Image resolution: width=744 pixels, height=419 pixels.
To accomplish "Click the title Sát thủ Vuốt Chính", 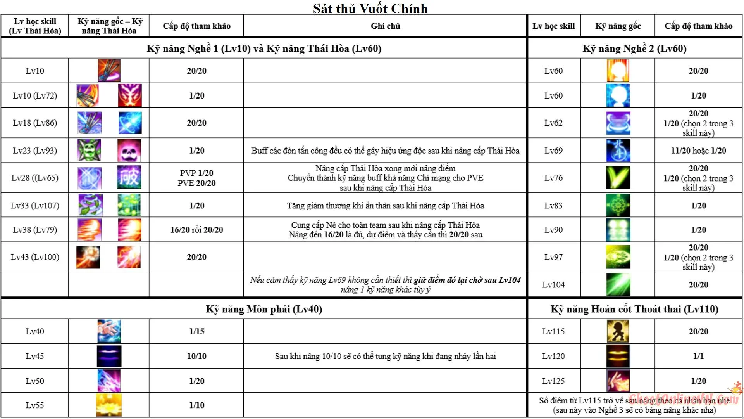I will tap(370, 8).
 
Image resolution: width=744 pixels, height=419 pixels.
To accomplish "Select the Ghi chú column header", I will tap(385, 26).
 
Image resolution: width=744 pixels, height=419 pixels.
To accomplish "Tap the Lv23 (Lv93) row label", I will tap(35, 151).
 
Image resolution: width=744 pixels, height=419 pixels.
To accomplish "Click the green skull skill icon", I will tap(89, 150).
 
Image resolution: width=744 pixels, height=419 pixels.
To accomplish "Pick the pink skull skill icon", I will tap(129, 150).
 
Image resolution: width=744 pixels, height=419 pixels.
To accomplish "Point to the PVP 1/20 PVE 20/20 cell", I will tap(196, 178).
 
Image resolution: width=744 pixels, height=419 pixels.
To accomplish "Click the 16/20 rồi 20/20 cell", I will tap(196, 230).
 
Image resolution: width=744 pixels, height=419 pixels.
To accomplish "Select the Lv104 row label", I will tap(553, 285).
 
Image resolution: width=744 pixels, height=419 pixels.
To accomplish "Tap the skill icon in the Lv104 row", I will tap(618, 284).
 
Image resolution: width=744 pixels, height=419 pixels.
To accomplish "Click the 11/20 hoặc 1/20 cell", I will tap(698, 151).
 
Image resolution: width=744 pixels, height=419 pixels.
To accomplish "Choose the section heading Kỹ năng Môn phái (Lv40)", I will tap(264, 309).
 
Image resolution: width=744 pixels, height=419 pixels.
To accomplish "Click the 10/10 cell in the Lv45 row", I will tap(196, 356).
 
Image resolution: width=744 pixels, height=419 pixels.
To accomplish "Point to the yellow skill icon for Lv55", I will tap(109, 405).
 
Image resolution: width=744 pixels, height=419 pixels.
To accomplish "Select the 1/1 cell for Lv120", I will tap(698, 356).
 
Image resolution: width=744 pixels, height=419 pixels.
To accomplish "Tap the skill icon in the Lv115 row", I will tap(618, 331).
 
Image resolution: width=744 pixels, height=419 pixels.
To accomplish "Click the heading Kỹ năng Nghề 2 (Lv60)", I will tap(634, 48).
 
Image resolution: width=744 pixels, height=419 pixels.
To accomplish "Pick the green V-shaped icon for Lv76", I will tap(618, 178).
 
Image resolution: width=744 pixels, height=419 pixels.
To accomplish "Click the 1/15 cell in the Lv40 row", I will tap(196, 331).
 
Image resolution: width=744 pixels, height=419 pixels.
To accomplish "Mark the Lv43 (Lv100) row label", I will tap(35, 257).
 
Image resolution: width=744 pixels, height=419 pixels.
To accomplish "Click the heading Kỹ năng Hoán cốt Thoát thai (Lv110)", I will tap(634, 309).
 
